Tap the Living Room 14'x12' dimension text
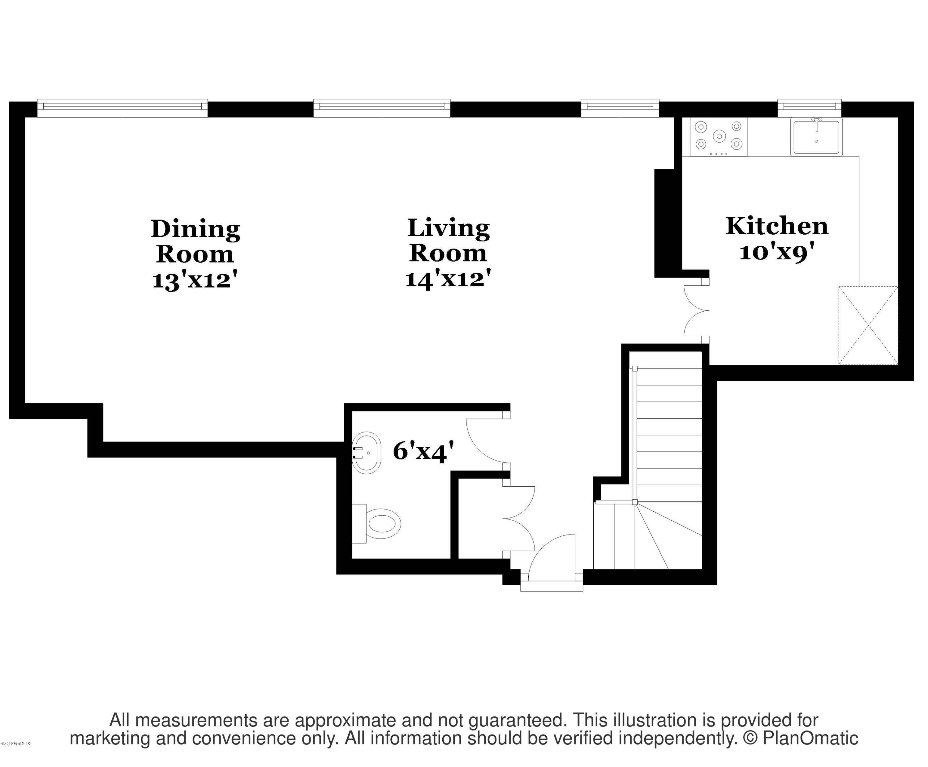tap(448, 279)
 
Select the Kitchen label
tap(776, 226)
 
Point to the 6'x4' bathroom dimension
tap(423, 451)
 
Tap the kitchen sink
tap(816, 137)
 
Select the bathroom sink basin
tap(366, 453)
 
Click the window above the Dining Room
tap(122, 108)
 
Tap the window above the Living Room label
tap(382, 108)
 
